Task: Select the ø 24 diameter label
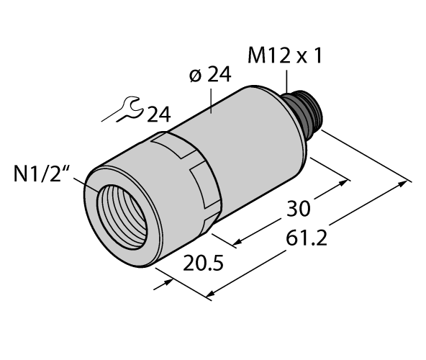209,75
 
